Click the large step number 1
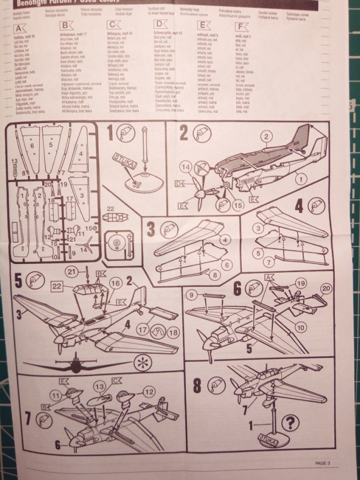click(x=110, y=134)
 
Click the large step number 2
click(x=184, y=133)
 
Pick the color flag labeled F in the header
click(x=241, y=26)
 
